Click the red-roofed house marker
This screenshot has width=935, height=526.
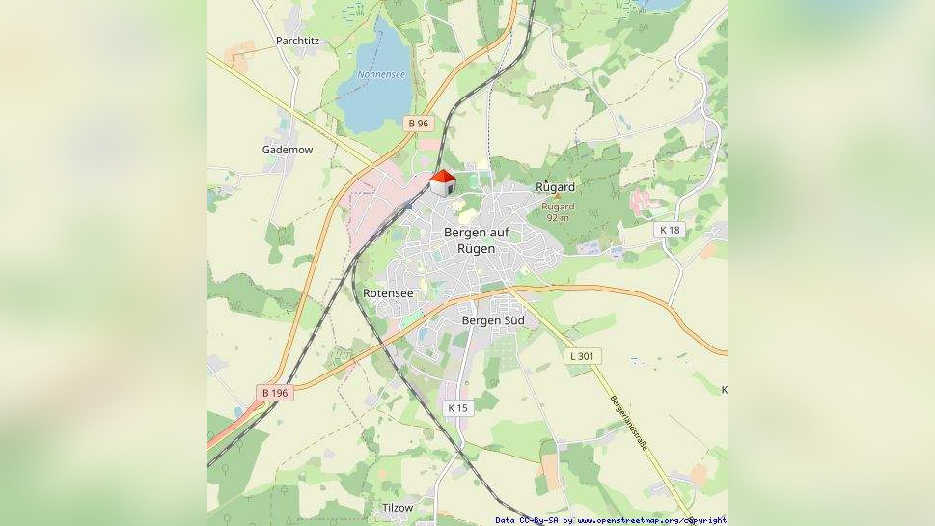tap(442, 181)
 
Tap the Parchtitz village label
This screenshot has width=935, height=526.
tap(297, 41)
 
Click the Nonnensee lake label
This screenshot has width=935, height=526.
tap(381, 74)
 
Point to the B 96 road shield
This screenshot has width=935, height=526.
tap(418, 124)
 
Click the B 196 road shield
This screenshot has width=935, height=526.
tap(275, 393)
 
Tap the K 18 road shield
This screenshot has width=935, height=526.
tap(669, 230)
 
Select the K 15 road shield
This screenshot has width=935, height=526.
tap(457, 408)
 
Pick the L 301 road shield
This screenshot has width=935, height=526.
tap(583, 356)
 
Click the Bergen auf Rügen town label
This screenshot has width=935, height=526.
tap(482, 240)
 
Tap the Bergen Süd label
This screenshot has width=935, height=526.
tap(493, 320)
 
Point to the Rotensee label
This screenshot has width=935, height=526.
tap(388, 292)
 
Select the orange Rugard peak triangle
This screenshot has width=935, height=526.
tap(556, 197)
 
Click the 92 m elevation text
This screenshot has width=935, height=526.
tap(558, 218)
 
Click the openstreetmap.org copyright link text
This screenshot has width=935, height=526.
tap(651, 520)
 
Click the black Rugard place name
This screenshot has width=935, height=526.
tap(555, 186)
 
